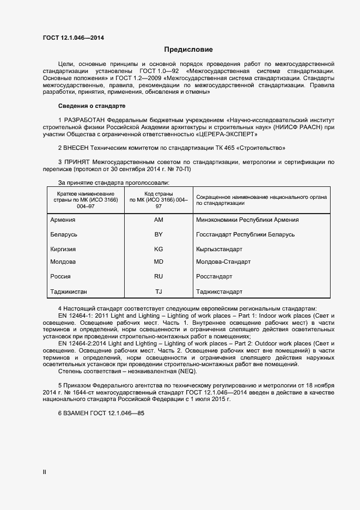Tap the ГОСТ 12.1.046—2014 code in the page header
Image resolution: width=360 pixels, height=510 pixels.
tap(73, 38)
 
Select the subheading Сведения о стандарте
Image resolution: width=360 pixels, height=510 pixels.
tap(91, 105)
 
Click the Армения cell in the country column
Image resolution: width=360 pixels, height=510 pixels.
tap(63, 220)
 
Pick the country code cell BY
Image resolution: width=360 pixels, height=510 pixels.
tap(158, 234)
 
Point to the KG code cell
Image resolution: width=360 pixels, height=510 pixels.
tap(158, 248)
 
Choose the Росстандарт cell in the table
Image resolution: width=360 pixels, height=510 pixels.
tap(214, 277)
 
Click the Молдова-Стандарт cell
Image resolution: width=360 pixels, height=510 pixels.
tap(223, 262)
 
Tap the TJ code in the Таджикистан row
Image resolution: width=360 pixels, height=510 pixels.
tap(158, 292)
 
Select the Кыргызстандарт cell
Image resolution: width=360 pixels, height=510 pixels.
tap(221, 248)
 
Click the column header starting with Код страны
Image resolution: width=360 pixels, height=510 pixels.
tap(158, 199)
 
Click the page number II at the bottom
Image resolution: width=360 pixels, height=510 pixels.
tap(45, 472)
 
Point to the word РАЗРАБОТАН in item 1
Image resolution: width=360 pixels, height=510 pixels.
tap(84, 119)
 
